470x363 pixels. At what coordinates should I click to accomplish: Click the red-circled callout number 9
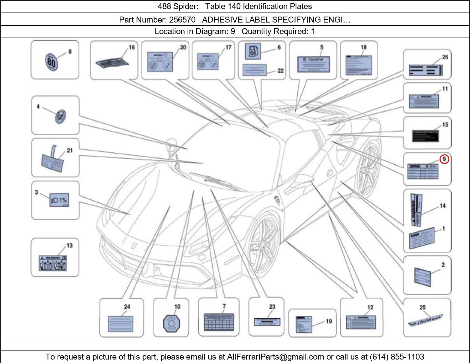pyautogui.click(x=444, y=159)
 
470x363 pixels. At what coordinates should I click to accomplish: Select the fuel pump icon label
pyautogui.click(x=252, y=52)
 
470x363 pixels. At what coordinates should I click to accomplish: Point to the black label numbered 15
pyautogui.click(x=425, y=136)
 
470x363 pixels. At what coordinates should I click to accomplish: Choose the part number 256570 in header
pyautogui.click(x=182, y=20)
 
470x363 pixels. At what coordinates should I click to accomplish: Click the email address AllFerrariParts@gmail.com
pyautogui.click(x=275, y=357)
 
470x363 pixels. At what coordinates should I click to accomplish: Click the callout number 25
pyautogui.click(x=422, y=307)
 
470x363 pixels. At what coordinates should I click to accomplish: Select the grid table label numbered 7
pyautogui.click(x=219, y=322)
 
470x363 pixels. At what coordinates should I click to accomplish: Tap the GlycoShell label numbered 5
pyautogui.click(x=313, y=65)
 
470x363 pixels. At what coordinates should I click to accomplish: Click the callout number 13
pyautogui.click(x=70, y=245)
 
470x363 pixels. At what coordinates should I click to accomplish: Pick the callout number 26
pyautogui.click(x=445, y=57)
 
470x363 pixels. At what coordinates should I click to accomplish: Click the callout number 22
pyautogui.click(x=280, y=71)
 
